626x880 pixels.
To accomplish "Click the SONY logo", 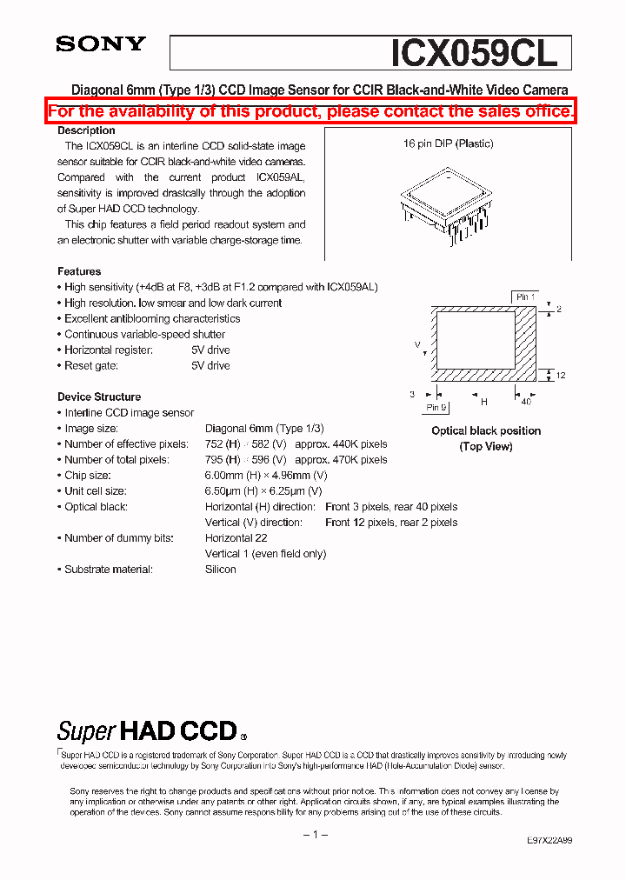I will tap(101, 44).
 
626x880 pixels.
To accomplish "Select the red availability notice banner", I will tap(311, 111).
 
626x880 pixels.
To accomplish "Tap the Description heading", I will tap(86, 130).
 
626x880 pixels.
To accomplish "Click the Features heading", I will tap(79, 271).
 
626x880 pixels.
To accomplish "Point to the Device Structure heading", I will tap(99, 397).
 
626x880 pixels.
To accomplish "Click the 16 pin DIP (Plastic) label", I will tap(448, 143).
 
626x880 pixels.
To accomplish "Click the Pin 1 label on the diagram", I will tap(525, 297).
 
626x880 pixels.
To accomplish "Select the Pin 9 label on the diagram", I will tap(436, 407).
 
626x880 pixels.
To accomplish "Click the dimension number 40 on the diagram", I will tap(526, 402).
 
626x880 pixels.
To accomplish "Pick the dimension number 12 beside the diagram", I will tap(561, 375).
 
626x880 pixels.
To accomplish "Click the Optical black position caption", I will tap(486, 430).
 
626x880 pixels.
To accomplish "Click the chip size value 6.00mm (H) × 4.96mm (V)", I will tap(266, 476).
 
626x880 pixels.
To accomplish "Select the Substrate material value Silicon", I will tap(221, 570).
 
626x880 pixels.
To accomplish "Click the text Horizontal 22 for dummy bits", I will tap(236, 538).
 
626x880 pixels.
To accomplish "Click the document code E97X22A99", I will tap(549, 841).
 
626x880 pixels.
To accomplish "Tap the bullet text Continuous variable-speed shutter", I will tap(144, 334).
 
